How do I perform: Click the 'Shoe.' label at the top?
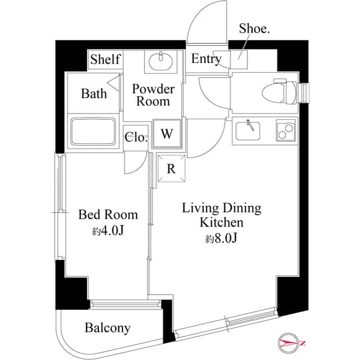[254, 29]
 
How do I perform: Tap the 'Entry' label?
[206, 59]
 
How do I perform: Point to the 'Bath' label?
[93, 93]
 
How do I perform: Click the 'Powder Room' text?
[153, 95]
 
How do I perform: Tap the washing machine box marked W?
[167, 134]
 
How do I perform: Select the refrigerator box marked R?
[171, 168]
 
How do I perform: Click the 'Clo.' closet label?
[136, 137]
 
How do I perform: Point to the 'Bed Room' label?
[107, 214]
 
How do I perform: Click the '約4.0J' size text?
[107, 230]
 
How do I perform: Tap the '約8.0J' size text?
[221, 238]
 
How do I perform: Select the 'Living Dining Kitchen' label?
[221, 215]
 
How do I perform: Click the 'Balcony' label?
[107, 327]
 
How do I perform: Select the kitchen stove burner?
[285, 130]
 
